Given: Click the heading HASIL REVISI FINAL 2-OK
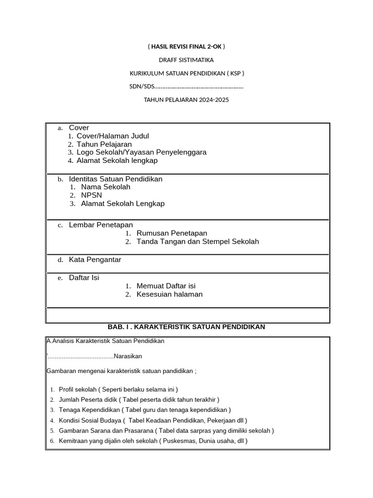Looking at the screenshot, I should (186, 47).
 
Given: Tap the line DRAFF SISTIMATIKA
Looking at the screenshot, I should (186, 60).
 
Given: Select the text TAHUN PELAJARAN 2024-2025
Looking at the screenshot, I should (186, 100).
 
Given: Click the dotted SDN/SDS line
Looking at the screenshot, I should (186, 87).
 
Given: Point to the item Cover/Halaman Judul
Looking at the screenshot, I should (113, 136).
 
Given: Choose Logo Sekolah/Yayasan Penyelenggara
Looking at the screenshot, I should (141, 152).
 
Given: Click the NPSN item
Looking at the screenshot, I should (91, 196).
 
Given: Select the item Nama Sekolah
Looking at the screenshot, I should (105, 187).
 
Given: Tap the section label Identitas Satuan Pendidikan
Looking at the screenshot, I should (116, 179).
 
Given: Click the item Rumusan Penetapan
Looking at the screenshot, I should (171, 233).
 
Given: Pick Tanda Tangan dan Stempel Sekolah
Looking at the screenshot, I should (198, 242).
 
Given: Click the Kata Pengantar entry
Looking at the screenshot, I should (95, 260).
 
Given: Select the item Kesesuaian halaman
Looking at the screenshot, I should (170, 294).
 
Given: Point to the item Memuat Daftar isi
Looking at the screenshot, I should (166, 286).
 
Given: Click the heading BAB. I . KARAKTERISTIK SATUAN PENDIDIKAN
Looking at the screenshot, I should (186, 327).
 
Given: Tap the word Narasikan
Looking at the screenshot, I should (128, 356).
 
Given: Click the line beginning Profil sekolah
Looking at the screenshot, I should (118, 390).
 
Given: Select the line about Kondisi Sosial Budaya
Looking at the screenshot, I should (153, 420).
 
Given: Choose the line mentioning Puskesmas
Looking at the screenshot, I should (153, 441).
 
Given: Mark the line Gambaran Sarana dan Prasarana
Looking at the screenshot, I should (166, 431).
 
